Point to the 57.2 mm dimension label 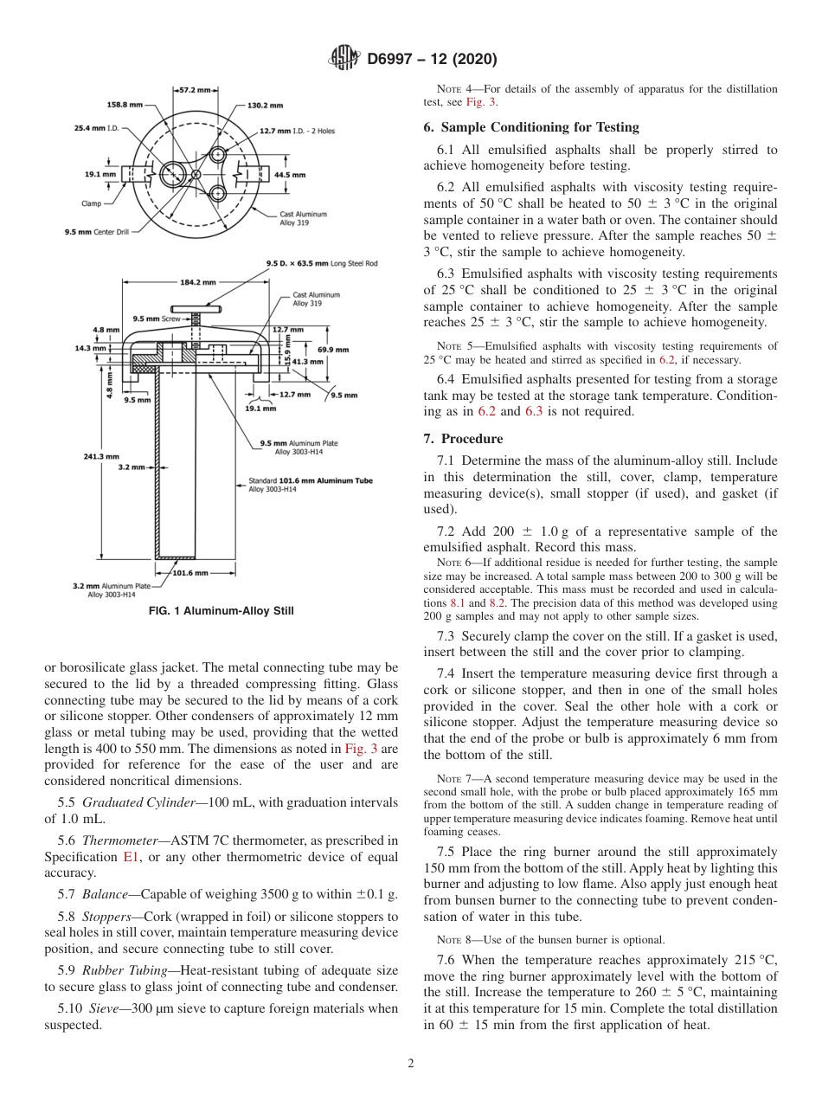click(194, 89)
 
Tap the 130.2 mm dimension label click(265, 106)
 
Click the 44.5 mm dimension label click(289, 175)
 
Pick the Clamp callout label click(90, 204)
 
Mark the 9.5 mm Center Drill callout click(96, 232)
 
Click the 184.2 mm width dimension click(198, 281)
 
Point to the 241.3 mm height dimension click(101, 456)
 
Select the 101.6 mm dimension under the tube click(189, 572)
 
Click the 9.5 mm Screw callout click(155, 319)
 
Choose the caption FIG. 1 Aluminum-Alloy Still click(222, 611)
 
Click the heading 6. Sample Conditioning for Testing click(531, 127)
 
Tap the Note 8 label click(454, 939)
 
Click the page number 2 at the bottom click(411, 1064)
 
